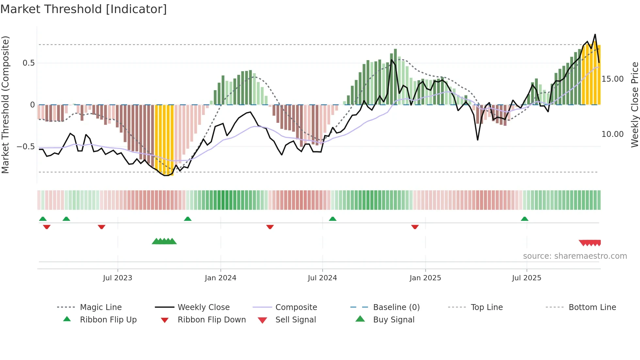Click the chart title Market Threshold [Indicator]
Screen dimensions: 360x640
(x=84, y=9)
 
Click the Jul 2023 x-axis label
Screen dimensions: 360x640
(x=118, y=278)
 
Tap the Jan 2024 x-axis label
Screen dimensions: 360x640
(x=220, y=278)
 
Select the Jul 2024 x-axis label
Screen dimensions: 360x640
(x=322, y=278)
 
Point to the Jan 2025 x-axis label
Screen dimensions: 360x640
(x=425, y=278)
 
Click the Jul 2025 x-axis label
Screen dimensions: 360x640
(x=526, y=278)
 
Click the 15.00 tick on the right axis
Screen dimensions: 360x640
(x=612, y=79)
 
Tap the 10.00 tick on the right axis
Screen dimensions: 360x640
(x=612, y=134)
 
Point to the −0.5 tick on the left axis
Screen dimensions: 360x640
(x=25, y=147)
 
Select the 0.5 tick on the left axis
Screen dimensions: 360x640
(x=28, y=63)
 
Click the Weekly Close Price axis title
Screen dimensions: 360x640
(x=634, y=105)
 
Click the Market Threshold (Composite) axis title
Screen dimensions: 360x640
(x=5, y=105)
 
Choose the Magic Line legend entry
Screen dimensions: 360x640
(x=101, y=307)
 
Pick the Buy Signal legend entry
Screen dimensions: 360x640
(x=393, y=320)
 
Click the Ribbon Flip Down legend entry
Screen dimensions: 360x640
(x=211, y=320)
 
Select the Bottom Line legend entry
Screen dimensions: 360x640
(x=592, y=307)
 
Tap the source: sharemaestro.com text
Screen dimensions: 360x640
(x=575, y=256)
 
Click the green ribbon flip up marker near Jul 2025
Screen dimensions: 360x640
(x=524, y=219)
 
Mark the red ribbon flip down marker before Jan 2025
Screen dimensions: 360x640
(x=415, y=227)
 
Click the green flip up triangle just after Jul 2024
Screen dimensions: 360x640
(x=332, y=219)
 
